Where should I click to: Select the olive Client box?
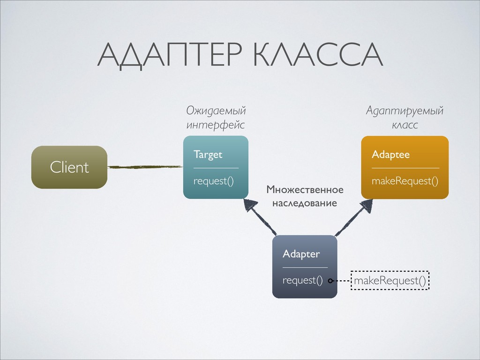[x=69, y=167]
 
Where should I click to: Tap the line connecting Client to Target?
[x=144, y=166]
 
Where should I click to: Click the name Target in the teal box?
[x=208, y=155]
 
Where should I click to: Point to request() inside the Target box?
[x=213, y=181]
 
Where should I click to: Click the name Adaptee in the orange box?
[x=390, y=155]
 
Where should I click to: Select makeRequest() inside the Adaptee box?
[x=405, y=181]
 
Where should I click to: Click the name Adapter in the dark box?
[x=301, y=254]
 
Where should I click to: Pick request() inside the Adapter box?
[x=302, y=280]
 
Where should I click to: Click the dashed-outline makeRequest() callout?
[x=390, y=281]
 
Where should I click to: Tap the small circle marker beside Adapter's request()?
[x=330, y=281]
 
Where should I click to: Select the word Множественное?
[x=305, y=190]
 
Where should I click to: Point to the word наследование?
[x=305, y=204]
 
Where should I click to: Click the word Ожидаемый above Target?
[x=216, y=111]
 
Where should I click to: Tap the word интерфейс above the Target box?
[x=215, y=125]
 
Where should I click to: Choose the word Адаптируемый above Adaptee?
[x=405, y=111]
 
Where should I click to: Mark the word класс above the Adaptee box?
[x=405, y=125]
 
